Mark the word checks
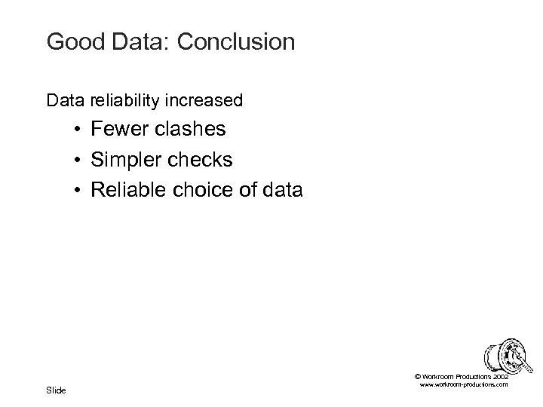203,161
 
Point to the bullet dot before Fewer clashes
78,130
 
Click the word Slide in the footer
57,390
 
